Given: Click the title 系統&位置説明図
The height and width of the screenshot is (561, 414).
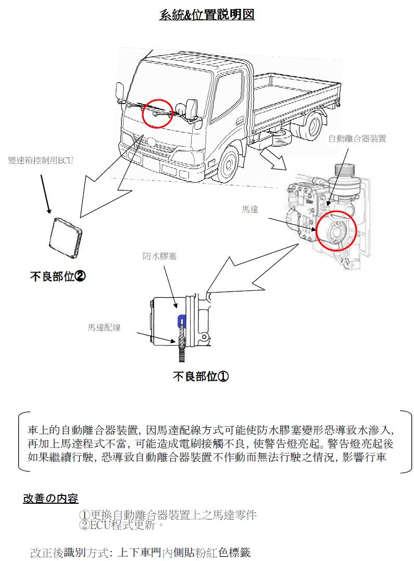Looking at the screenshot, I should pyautogui.click(x=207, y=15).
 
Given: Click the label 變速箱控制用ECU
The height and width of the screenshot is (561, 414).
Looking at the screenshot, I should pyautogui.click(x=41, y=160).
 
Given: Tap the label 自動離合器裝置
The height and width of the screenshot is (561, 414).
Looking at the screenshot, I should pyautogui.click(x=357, y=138).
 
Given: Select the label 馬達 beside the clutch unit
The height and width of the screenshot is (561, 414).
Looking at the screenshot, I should pyautogui.click(x=249, y=209).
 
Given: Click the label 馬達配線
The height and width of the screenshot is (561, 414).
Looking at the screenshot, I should pyautogui.click(x=104, y=327).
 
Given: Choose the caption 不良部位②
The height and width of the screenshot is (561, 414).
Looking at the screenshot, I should pyautogui.click(x=57, y=276).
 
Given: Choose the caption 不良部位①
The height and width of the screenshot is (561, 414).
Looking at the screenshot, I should pyautogui.click(x=200, y=376).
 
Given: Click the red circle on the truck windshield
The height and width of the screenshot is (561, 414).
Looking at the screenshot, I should pyautogui.click(x=157, y=112).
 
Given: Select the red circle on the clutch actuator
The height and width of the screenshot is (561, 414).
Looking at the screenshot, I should pyautogui.click(x=336, y=229).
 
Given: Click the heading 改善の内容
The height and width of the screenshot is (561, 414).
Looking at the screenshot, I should pyautogui.click(x=51, y=498).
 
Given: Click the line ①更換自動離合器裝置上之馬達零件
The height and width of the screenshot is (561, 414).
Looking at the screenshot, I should pyautogui.click(x=168, y=515).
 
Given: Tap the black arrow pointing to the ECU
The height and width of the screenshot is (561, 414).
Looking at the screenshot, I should pyautogui.click(x=46, y=194).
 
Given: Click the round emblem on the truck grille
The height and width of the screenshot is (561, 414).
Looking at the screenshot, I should pyautogui.click(x=151, y=141).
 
